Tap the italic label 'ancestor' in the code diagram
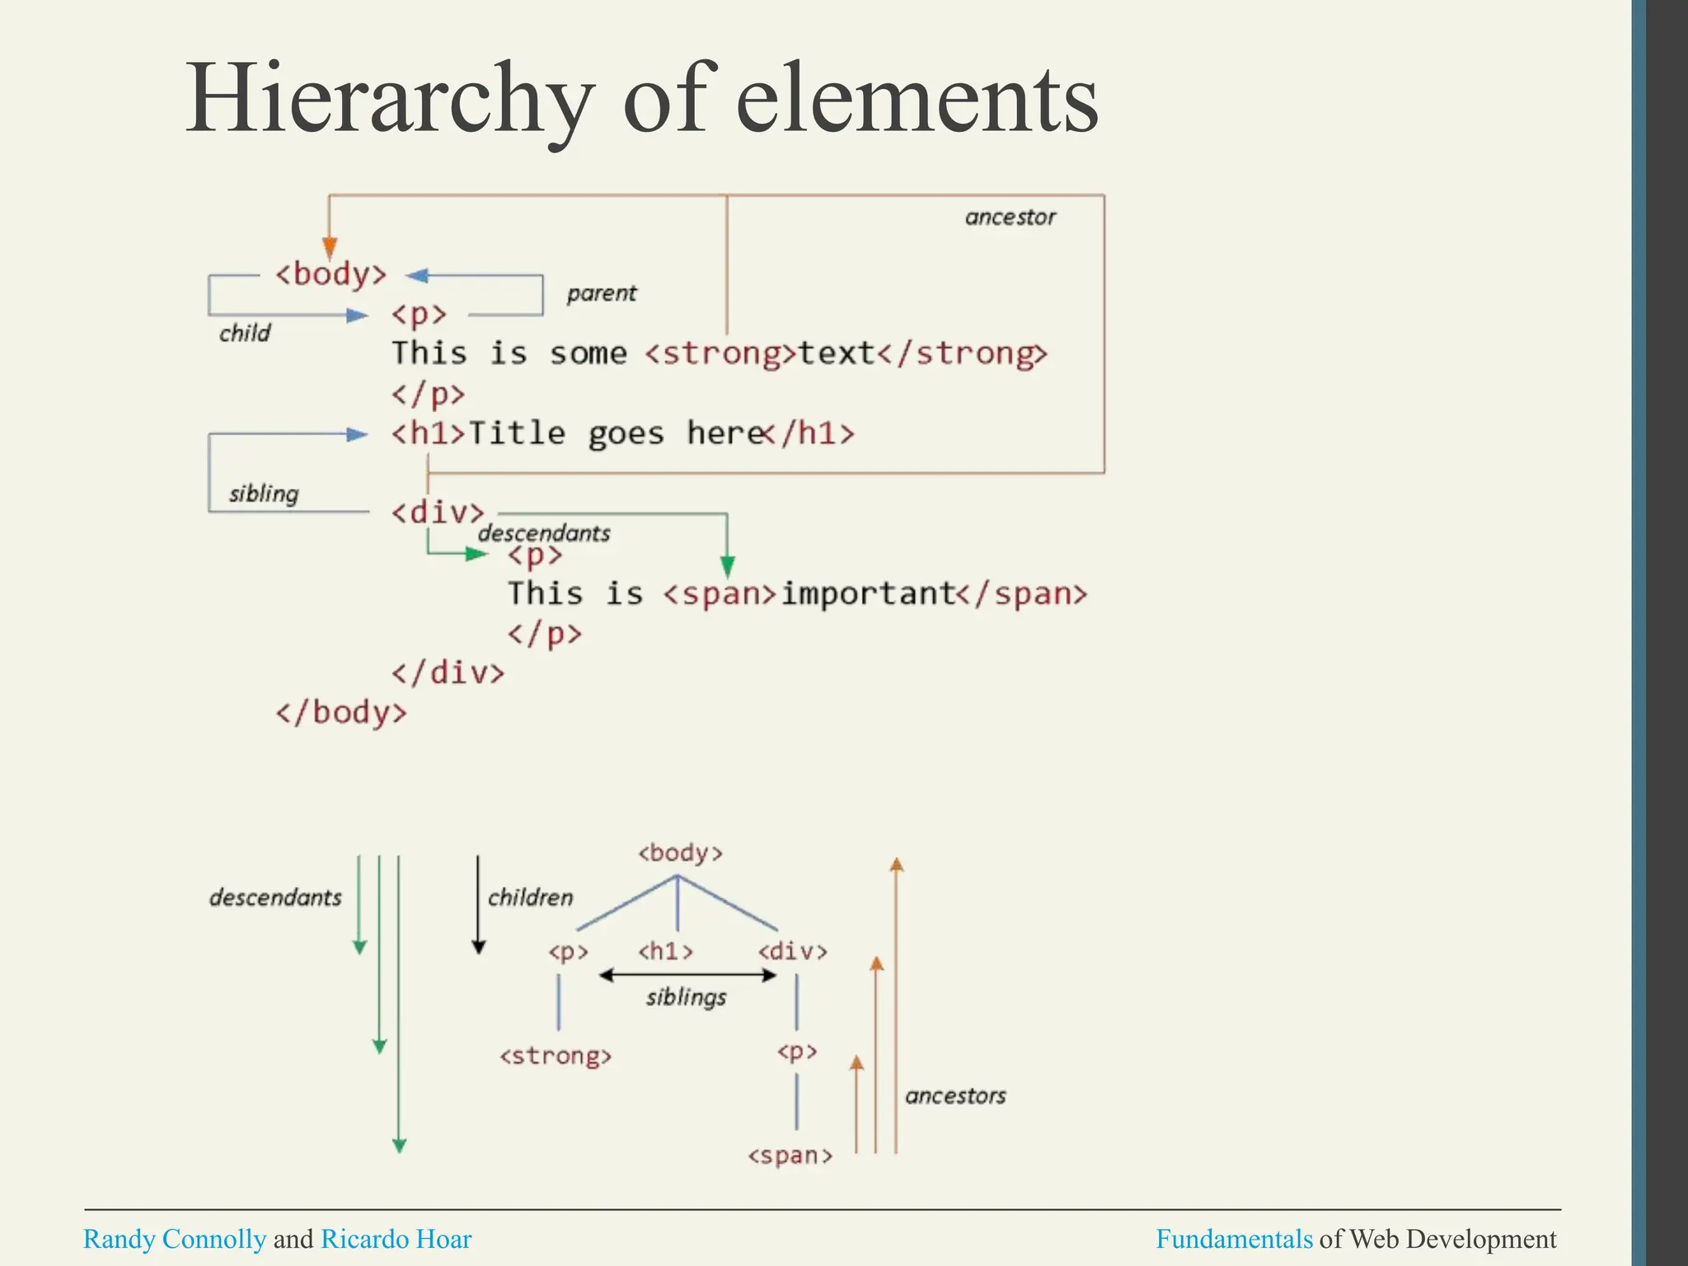coord(1010,218)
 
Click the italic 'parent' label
coord(602,293)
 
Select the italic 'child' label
coord(245,333)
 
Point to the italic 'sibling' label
coord(264,494)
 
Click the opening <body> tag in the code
coord(331,274)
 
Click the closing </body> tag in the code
coord(341,712)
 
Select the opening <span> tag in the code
coord(720,594)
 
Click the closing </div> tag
coord(448,673)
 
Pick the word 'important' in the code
coord(867,593)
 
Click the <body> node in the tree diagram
coord(680,853)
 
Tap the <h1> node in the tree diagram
coord(665,952)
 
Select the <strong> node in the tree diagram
coord(556,1056)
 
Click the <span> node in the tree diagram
coord(790,1156)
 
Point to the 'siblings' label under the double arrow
coord(686,997)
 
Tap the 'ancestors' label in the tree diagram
coord(955,1096)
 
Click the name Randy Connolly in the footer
coord(175,1239)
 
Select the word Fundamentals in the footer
coord(1234,1239)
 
